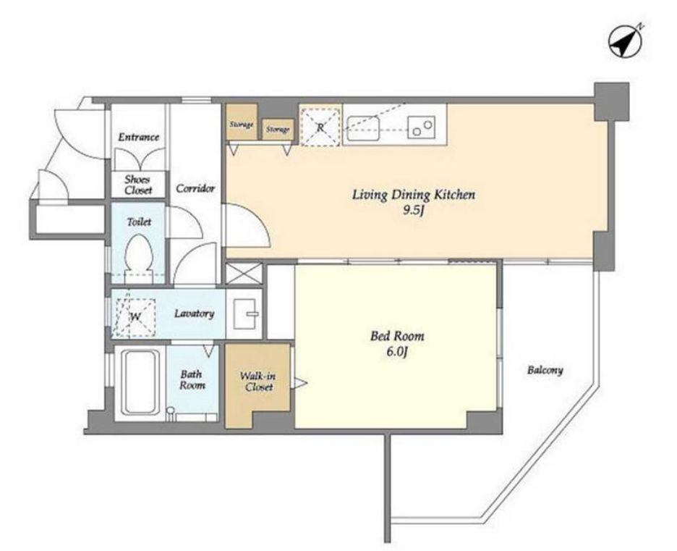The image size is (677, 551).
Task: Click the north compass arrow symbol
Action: click(625, 42)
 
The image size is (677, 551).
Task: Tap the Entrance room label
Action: click(139, 137)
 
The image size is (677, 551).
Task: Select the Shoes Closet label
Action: click(137, 185)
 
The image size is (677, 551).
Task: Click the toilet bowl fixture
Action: click(139, 258)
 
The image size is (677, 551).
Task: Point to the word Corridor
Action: click(195, 188)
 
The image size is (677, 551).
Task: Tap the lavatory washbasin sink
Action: click(244, 314)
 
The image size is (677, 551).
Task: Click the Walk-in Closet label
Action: click(258, 382)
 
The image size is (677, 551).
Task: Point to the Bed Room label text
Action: click(397, 336)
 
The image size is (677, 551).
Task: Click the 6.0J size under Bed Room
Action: click(397, 352)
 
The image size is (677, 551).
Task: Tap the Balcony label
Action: click(545, 371)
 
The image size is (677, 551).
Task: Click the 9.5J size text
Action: click(414, 211)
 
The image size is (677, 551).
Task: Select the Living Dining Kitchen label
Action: click(414, 195)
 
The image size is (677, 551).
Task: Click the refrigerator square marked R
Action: click(320, 125)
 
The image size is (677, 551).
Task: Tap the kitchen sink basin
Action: click(364, 128)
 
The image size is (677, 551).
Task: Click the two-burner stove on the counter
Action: click(421, 128)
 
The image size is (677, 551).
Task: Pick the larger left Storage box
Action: click(242, 122)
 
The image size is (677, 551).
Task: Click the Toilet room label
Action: click(139, 222)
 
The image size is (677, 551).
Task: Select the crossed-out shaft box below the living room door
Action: click(244, 274)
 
